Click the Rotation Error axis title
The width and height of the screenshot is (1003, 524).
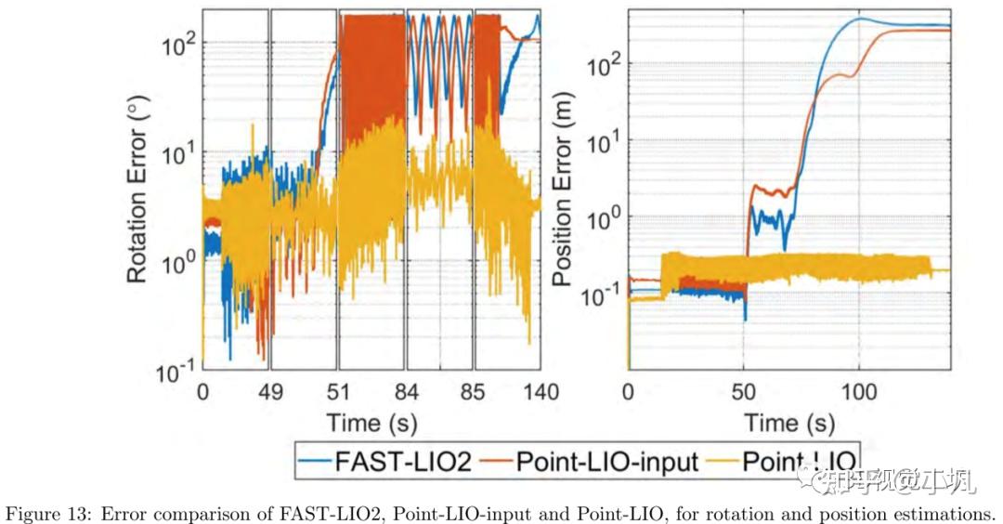(x=137, y=197)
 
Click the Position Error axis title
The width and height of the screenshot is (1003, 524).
(x=562, y=197)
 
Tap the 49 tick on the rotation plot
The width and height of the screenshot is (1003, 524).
(x=269, y=392)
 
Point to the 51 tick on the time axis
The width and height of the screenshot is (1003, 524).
(x=339, y=392)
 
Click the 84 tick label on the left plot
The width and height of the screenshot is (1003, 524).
(x=405, y=392)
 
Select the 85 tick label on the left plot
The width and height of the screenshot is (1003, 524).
(x=474, y=392)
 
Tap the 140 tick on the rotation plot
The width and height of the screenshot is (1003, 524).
(x=540, y=392)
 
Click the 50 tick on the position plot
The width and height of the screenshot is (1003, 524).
(x=744, y=392)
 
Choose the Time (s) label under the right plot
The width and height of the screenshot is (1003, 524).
(x=789, y=423)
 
